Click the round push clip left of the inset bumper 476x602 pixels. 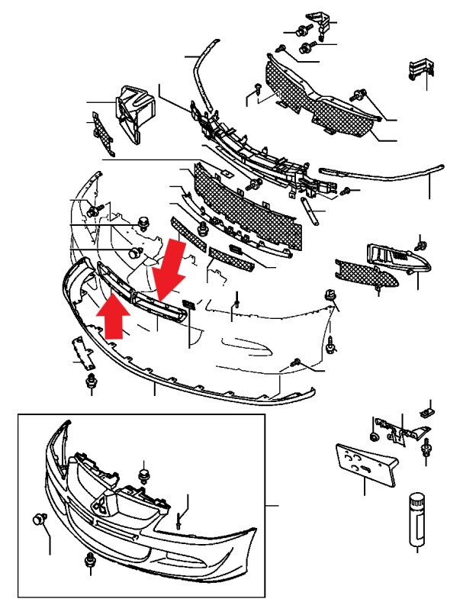click(37, 520)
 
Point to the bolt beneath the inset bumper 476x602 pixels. click(91, 562)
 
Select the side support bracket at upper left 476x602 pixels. click(131, 115)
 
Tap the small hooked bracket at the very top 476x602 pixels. click(319, 22)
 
